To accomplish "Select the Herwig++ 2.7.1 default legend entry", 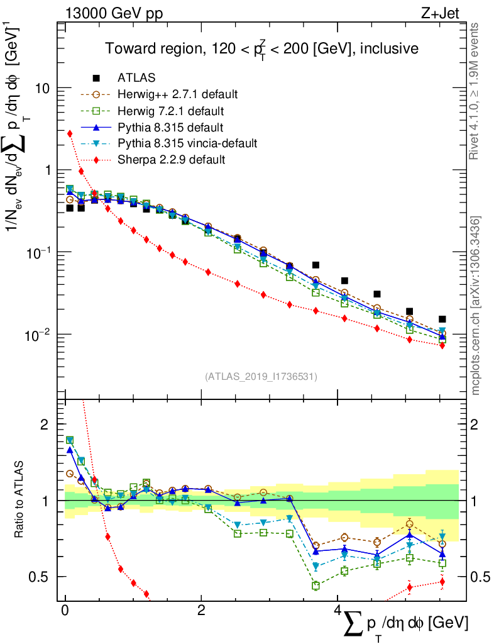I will [177, 94].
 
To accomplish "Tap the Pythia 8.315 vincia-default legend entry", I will [187, 143].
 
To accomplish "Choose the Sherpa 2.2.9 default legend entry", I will [171, 160].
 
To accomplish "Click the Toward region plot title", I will [261, 48].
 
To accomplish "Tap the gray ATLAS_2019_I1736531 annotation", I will [261, 377].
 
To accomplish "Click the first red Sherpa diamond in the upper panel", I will [70, 133].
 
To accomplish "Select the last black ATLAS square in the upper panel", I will [442, 319].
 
